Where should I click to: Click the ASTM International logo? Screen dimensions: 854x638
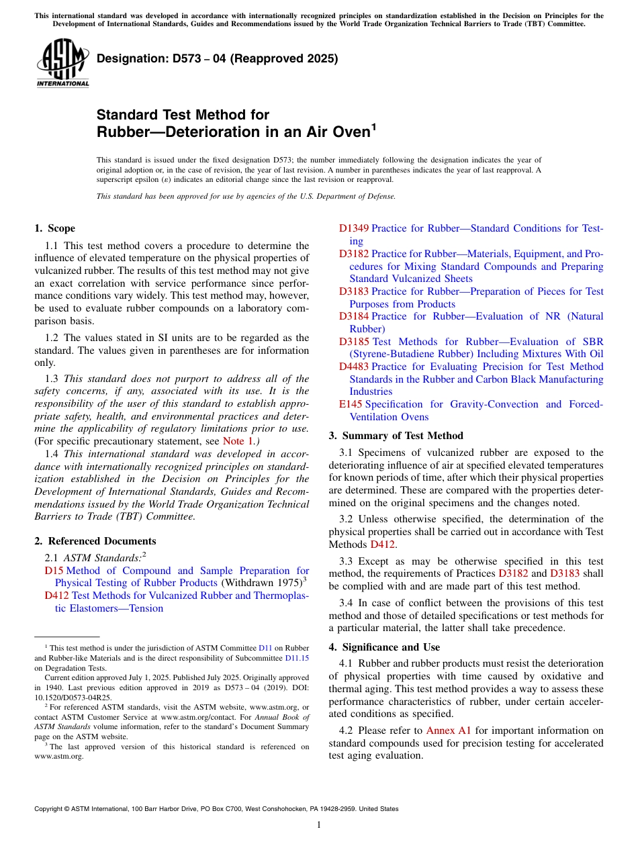click(x=62, y=63)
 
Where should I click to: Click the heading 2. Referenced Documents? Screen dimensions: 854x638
click(x=95, y=541)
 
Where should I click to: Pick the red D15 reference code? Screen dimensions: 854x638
click(x=54, y=571)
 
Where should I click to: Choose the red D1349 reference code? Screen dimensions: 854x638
click(x=354, y=228)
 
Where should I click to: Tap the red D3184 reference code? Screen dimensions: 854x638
click(x=354, y=316)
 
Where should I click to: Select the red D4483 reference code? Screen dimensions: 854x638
click(x=354, y=367)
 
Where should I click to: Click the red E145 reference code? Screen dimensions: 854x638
click(x=351, y=404)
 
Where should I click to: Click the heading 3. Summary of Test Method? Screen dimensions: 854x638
click(x=396, y=436)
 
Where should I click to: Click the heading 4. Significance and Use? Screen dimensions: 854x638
click(x=384, y=647)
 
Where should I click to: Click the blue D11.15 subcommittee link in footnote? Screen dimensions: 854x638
click(x=297, y=658)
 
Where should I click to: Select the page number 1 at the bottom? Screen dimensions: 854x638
click(x=319, y=825)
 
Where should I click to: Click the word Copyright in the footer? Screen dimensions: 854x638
click(x=49, y=809)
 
